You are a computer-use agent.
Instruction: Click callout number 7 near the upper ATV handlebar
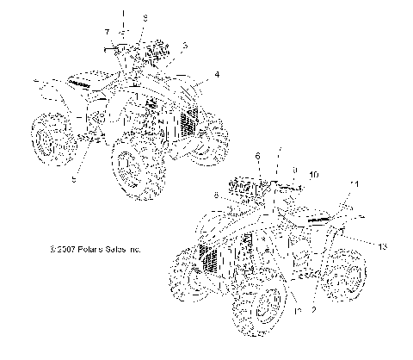point(107,32)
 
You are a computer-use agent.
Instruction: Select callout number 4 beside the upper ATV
point(216,75)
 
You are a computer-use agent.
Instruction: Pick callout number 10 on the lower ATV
point(314,175)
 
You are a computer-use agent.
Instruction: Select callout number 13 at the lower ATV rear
point(382,246)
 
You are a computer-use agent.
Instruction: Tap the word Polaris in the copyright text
point(90,248)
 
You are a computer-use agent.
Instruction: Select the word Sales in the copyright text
point(118,248)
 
